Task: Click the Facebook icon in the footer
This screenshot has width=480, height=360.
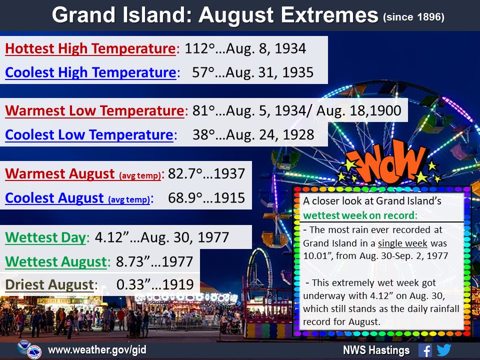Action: (425, 350)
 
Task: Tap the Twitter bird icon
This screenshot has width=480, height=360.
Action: (444, 350)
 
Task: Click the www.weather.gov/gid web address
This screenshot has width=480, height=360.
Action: (97, 350)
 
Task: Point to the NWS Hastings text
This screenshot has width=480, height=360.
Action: (376, 350)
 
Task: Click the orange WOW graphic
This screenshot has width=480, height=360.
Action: (389, 162)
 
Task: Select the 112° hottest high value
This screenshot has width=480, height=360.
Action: (200, 48)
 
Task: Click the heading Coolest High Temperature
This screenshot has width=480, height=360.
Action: (91, 72)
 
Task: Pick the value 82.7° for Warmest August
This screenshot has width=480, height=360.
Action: (185, 173)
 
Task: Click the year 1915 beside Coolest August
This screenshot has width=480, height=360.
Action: (229, 198)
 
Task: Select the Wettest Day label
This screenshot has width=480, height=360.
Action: (45, 237)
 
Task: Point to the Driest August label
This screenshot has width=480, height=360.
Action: (49, 284)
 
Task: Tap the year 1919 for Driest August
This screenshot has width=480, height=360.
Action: (178, 284)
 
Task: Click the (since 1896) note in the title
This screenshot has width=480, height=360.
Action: (413, 17)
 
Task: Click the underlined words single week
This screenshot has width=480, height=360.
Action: (402, 243)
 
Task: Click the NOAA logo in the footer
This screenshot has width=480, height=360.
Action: (24, 347)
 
